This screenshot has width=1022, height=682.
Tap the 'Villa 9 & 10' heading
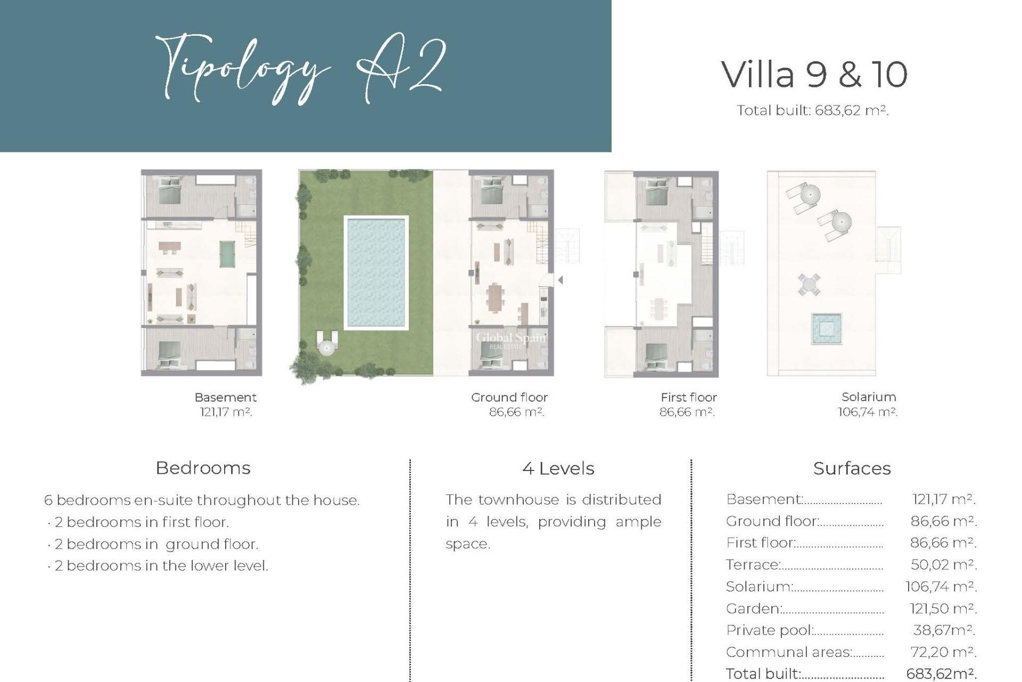[814, 75]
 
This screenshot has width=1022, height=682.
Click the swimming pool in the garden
[376, 272]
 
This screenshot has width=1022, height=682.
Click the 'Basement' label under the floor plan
[225, 397]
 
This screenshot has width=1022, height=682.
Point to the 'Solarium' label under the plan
[868, 397]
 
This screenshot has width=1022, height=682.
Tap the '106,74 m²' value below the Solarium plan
[867, 412]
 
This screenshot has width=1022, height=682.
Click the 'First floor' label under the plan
[688, 397]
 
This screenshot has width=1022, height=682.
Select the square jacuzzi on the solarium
[826, 329]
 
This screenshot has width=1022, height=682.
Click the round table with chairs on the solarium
[809, 284]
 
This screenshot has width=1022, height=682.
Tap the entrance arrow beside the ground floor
[560, 280]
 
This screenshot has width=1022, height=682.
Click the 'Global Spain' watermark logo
[510, 339]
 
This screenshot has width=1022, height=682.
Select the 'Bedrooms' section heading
[203, 468]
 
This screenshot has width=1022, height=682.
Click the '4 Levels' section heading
[558, 469]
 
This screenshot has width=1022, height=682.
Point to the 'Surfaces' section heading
[852, 469]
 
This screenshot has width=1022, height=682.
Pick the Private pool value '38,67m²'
[943, 630]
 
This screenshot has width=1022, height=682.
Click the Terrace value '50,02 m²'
[943, 565]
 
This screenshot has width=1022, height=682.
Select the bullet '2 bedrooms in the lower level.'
[161, 566]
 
